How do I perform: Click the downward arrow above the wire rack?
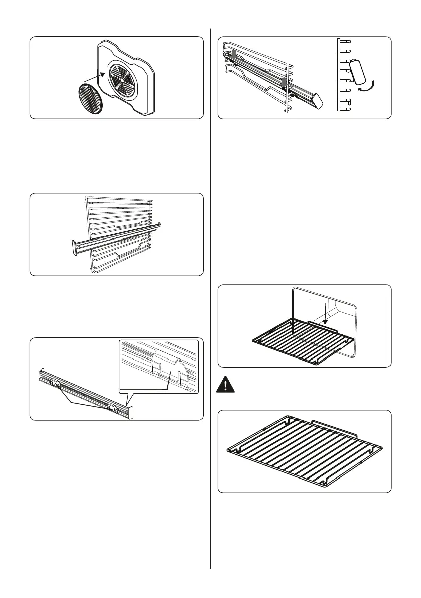click(325, 314)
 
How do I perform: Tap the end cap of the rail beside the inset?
click(131, 412)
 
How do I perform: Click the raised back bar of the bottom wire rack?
click(334, 428)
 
